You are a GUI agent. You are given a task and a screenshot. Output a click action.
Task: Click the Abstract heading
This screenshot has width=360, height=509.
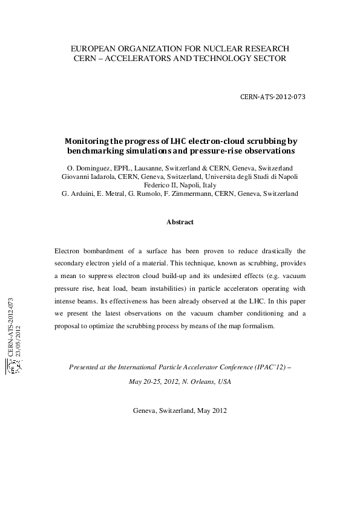tap(180, 222)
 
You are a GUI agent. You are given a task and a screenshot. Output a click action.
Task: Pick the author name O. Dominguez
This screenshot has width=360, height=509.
tap(87, 167)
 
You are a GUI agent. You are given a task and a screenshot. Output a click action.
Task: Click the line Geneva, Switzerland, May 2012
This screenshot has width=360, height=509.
tap(180, 410)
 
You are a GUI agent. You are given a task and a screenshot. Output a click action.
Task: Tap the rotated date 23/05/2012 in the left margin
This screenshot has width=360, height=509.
tap(19, 340)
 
